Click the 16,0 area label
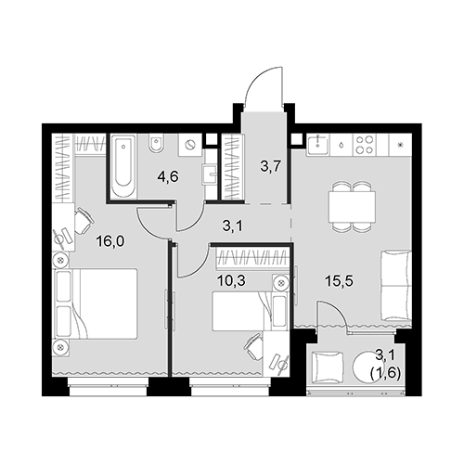(x=110, y=241)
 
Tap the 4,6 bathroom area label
(x=168, y=178)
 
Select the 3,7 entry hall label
(x=270, y=166)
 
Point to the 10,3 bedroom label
(x=231, y=281)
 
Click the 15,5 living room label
(x=339, y=281)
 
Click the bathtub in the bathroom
(x=123, y=166)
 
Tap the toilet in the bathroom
(x=156, y=144)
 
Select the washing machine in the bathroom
(x=190, y=145)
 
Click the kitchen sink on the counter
(x=318, y=145)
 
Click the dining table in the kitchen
(x=352, y=206)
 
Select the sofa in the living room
(x=396, y=286)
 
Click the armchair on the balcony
(x=328, y=367)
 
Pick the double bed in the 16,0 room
(x=96, y=303)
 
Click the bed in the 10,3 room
(x=251, y=312)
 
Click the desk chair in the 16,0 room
(x=84, y=220)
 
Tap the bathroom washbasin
(x=210, y=174)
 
